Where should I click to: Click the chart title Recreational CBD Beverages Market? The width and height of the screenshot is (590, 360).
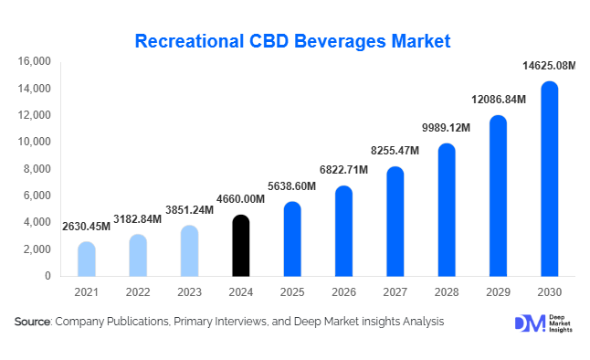pos(292,41)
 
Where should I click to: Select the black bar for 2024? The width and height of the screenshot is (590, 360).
pos(240,246)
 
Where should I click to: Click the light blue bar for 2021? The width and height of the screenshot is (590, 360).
pos(86,259)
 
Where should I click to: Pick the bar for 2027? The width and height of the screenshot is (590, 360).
pos(395,222)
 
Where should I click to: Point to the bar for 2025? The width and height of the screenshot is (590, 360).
pos(291,239)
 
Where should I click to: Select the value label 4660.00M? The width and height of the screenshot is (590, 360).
pos(240,199)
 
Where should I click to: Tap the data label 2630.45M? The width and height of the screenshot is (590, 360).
pos(86,226)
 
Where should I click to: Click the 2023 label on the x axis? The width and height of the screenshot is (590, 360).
pos(189,292)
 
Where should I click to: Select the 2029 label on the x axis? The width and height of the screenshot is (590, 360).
pos(497,292)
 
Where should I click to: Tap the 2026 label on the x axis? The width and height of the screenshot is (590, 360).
pos(342,292)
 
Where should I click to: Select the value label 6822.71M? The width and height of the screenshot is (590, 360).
pos(342,170)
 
